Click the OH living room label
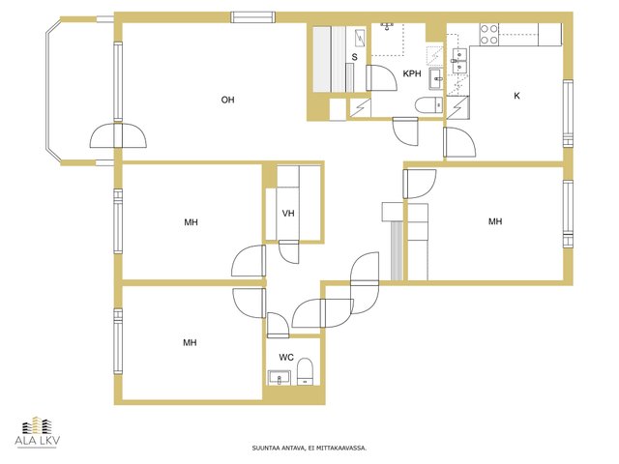pyautogui.click(x=227, y=100)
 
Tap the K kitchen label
pyautogui.click(x=516, y=96)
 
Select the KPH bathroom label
pyautogui.click(x=412, y=73)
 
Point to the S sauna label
pyautogui.click(x=355, y=57)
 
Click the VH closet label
pyautogui.click(x=288, y=214)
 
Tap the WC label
pyautogui.click(x=286, y=358)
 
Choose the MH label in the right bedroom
pyautogui.click(x=495, y=221)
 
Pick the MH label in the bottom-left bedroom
pyautogui.click(x=190, y=342)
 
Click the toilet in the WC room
pyautogui.click(x=305, y=371)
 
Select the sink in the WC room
pyautogui.click(x=280, y=378)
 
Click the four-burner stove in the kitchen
pyautogui.click(x=488, y=34)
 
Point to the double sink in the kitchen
pyautogui.click(x=459, y=61)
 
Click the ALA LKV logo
pyautogui.click(x=38, y=432)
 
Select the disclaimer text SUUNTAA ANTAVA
pyautogui.click(x=279, y=448)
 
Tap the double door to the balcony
pyautogui.click(x=118, y=135)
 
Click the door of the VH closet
pyautogui.click(x=288, y=251)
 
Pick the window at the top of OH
pyautogui.click(x=252, y=17)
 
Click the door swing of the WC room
pyautogui.click(x=279, y=325)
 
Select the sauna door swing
pyautogui.click(x=381, y=77)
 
